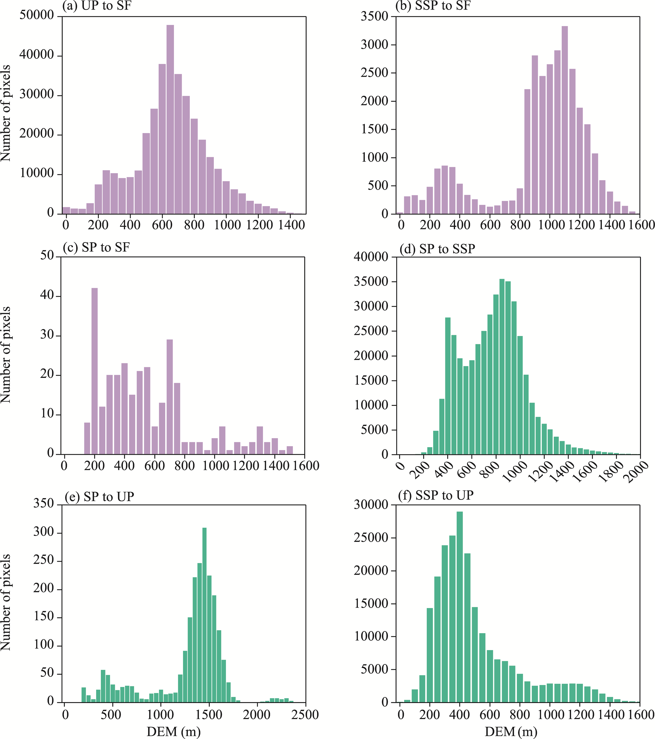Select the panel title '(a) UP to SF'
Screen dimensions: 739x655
coord(97,6)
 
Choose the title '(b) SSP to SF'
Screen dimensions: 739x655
coord(433,6)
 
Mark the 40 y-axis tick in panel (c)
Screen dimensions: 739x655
coord(47,295)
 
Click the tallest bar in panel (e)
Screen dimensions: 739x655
coord(205,615)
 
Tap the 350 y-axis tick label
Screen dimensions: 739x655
coord(43,504)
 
